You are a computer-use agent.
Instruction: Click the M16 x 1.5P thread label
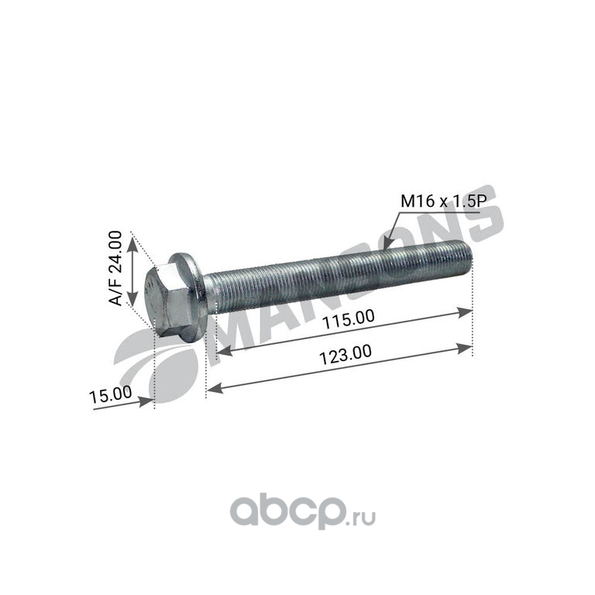pyautogui.click(x=443, y=201)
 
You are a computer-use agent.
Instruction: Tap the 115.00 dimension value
pyautogui.click(x=348, y=319)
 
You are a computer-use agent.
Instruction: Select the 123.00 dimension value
pyautogui.click(x=345, y=354)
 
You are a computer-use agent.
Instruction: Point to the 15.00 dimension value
pyautogui.click(x=111, y=394)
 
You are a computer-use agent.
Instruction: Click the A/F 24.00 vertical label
pyautogui.click(x=115, y=268)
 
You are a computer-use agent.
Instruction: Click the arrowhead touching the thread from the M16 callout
pyautogui.click(x=386, y=245)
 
